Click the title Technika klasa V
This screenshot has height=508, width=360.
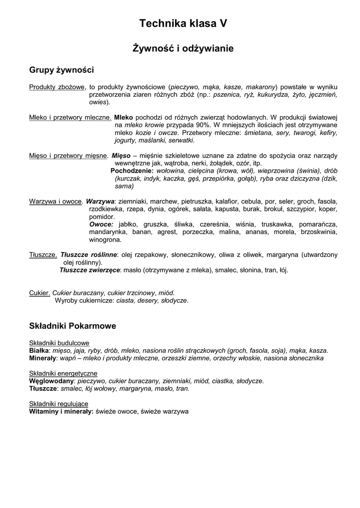(x=183, y=23)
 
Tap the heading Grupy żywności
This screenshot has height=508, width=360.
(x=62, y=70)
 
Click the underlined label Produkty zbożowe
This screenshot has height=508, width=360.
(x=57, y=87)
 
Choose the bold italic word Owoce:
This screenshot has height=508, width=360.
(x=101, y=224)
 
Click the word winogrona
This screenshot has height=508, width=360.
(x=105, y=239)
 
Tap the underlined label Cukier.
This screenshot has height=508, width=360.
(x=39, y=293)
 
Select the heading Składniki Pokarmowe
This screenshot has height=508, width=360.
(x=72, y=326)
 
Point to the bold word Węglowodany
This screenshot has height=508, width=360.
(x=52, y=381)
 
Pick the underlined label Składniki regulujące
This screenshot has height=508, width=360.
(x=59, y=404)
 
